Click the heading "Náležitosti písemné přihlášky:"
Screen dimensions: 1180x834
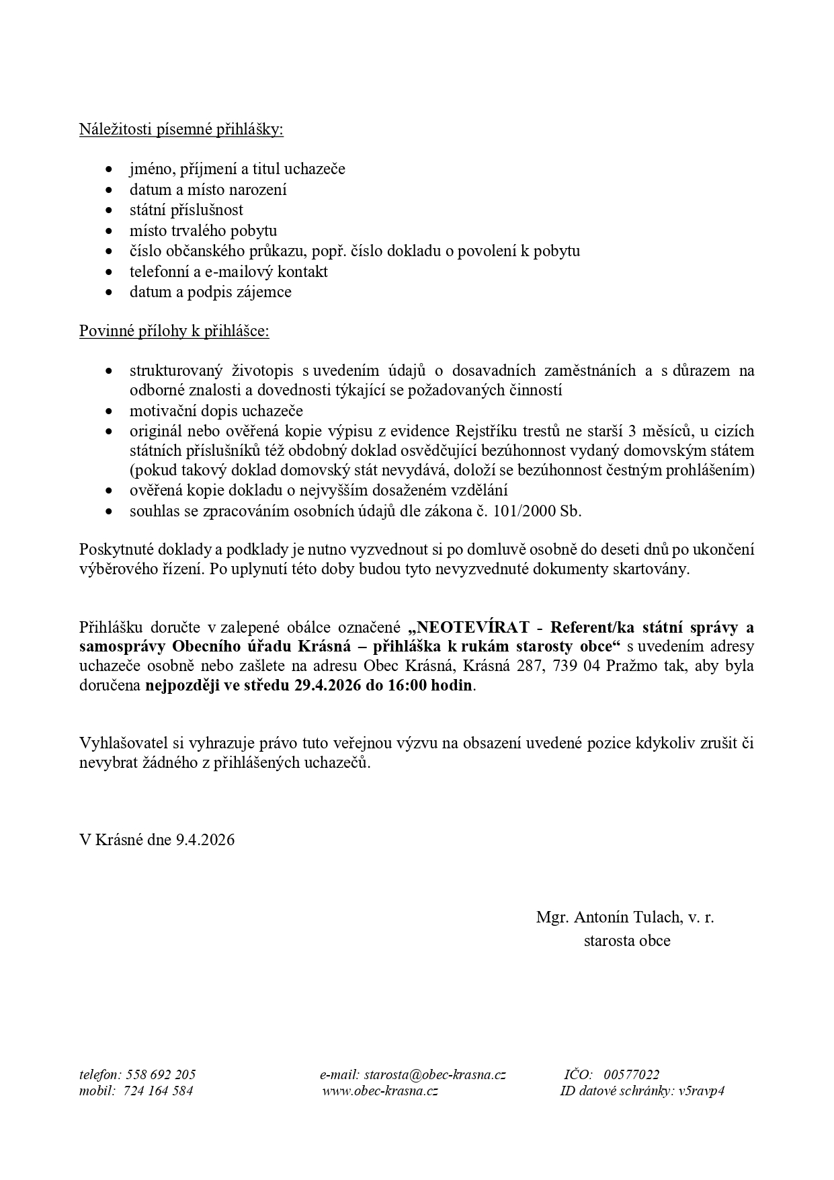click(x=181, y=129)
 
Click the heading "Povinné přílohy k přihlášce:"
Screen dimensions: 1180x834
click(x=174, y=331)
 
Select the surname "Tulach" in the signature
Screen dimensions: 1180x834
click(x=657, y=917)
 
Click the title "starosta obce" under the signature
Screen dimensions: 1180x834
click(x=626, y=941)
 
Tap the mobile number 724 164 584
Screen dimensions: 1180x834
click(x=159, y=1091)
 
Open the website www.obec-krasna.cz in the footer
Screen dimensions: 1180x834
click(x=380, y=1091)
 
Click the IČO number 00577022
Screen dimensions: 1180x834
click(x=632, y=1074)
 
